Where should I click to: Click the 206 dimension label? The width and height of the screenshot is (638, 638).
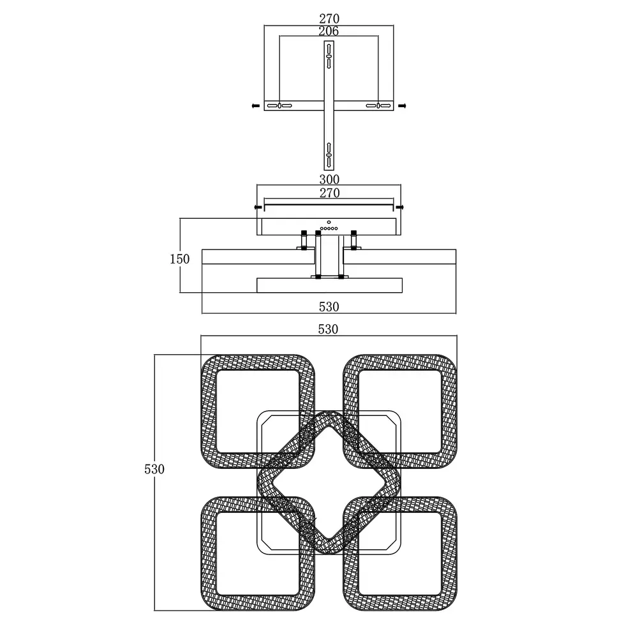coord(329,31)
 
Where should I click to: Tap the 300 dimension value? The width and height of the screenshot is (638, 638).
coord(329,179)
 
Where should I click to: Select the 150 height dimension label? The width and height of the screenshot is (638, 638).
coord(179,259)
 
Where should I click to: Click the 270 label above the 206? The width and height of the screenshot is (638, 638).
coord(329,19)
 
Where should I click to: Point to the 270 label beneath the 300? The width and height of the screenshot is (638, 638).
coord(329,193)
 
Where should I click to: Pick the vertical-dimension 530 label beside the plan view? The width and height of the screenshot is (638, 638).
coord(154,469)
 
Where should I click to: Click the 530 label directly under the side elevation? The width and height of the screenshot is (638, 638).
coord(329,307)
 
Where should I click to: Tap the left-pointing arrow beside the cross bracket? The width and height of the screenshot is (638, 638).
coord(256,106)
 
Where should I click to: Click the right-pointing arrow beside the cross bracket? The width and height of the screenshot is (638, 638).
coord(402,106)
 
